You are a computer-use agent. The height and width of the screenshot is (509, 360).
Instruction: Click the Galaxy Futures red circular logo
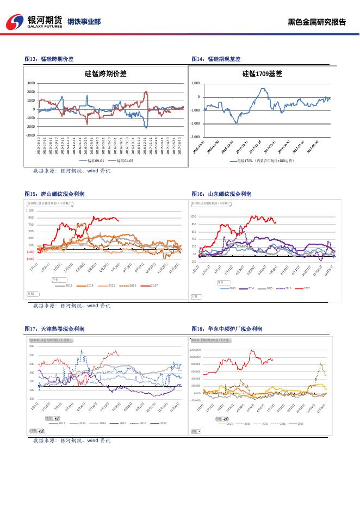(15, 22)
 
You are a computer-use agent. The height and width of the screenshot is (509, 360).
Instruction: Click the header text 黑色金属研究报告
(316, 22)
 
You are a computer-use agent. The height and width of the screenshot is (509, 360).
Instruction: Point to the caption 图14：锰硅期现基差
(216, 59)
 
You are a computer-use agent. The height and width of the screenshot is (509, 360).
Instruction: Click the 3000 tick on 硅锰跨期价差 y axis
(31, 83)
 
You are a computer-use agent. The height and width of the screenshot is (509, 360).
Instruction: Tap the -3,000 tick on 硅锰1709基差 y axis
(195, 137)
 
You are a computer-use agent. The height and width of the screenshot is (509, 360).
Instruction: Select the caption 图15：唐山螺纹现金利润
(54, 194)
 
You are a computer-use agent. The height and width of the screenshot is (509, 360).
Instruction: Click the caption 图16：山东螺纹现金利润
(221, 194)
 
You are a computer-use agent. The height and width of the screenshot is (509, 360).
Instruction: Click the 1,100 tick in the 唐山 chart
(30, 210)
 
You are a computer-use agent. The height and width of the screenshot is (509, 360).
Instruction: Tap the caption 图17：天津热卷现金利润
(54, 329)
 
